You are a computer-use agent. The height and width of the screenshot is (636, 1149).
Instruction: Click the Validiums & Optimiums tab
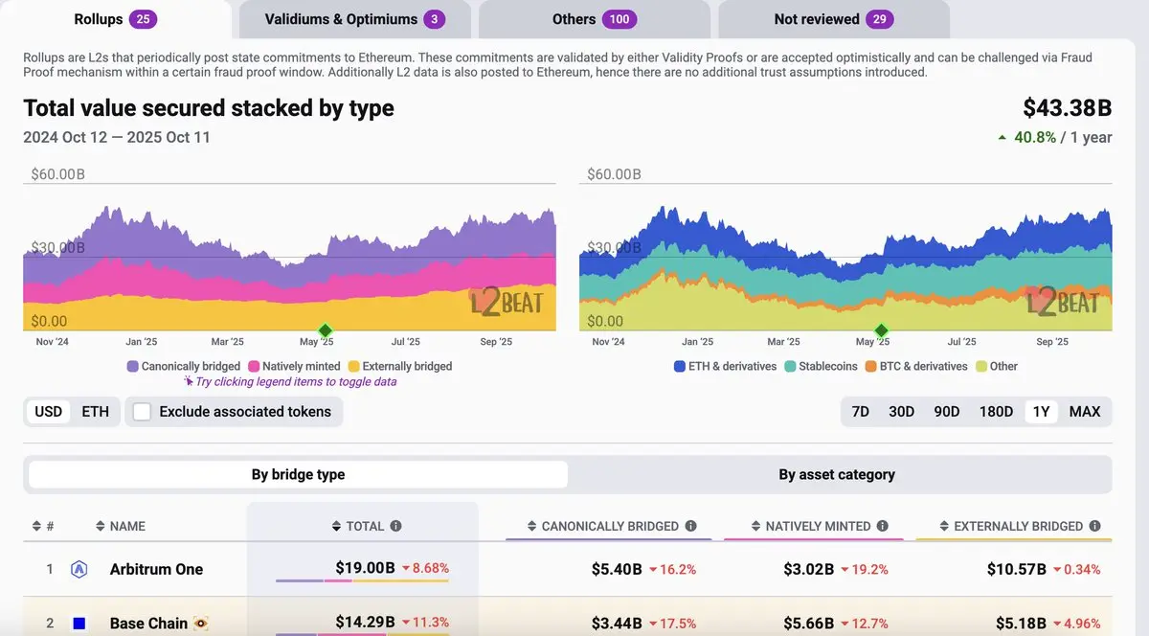coord(354,19)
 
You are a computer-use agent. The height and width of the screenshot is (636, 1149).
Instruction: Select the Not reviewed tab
coord(833,19)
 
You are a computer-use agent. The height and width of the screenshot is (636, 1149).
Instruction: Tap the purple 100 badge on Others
coord(619,19)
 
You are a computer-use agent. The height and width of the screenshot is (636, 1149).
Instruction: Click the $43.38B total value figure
coord(1067,108)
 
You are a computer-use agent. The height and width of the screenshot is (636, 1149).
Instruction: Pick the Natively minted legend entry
coord(294,366)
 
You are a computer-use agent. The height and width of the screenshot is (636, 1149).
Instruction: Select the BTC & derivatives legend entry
coord(916,366)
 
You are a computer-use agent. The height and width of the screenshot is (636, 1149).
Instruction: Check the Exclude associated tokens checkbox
coord(143,412)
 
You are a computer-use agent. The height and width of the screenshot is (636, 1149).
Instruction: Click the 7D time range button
coord(860,412)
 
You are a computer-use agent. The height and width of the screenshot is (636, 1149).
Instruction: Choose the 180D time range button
coord(996,412)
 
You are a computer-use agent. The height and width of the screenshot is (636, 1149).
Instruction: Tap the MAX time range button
coord(1085,412)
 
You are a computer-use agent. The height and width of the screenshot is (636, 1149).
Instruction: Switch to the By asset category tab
coord(837,474)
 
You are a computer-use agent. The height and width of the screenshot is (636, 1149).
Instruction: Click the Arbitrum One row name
coord(156,569)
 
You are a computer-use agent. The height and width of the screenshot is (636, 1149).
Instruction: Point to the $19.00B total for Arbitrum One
coord(365,568)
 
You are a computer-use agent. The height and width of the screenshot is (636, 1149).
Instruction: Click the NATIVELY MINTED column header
coord(818,526)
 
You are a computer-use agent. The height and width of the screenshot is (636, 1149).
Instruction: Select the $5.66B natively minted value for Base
coord(809,624)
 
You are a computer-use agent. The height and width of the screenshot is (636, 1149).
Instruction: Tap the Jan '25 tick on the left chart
coord(141,342)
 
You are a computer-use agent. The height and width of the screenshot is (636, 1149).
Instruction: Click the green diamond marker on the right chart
coord(880,329)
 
